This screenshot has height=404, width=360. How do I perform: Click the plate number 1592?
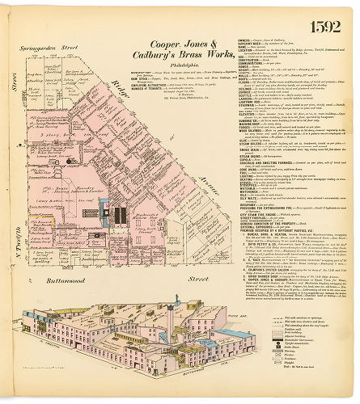[335, 17]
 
